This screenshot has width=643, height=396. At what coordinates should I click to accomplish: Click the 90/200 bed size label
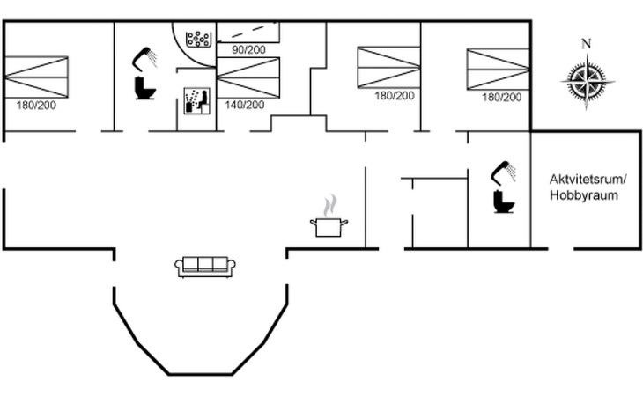[248, 49]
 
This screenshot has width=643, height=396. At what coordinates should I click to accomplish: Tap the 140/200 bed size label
[244, 105]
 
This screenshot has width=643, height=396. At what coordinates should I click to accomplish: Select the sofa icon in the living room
[205, 267]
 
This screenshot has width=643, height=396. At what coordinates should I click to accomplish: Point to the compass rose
[587, 81]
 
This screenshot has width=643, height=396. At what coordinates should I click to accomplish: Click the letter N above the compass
[587, 43]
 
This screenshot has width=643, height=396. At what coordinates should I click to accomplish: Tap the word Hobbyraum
[583, 195]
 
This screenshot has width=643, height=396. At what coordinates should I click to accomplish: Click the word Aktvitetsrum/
[588, 180]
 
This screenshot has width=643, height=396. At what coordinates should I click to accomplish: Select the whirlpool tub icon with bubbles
[198, 39]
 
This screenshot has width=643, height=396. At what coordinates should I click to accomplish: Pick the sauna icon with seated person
[196, 100]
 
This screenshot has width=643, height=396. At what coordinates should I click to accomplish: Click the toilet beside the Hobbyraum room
[504, 201]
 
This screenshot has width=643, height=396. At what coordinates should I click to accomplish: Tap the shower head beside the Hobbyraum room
[504, 172]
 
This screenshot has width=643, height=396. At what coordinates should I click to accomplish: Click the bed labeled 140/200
[248, 77]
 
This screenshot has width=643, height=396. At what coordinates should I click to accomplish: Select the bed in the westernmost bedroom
[36, 77]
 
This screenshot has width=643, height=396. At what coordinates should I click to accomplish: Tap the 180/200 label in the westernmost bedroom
[36, 106]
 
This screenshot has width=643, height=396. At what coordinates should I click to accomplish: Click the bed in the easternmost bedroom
[499, 69]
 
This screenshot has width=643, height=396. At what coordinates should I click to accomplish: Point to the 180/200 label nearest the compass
[502, 98]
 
